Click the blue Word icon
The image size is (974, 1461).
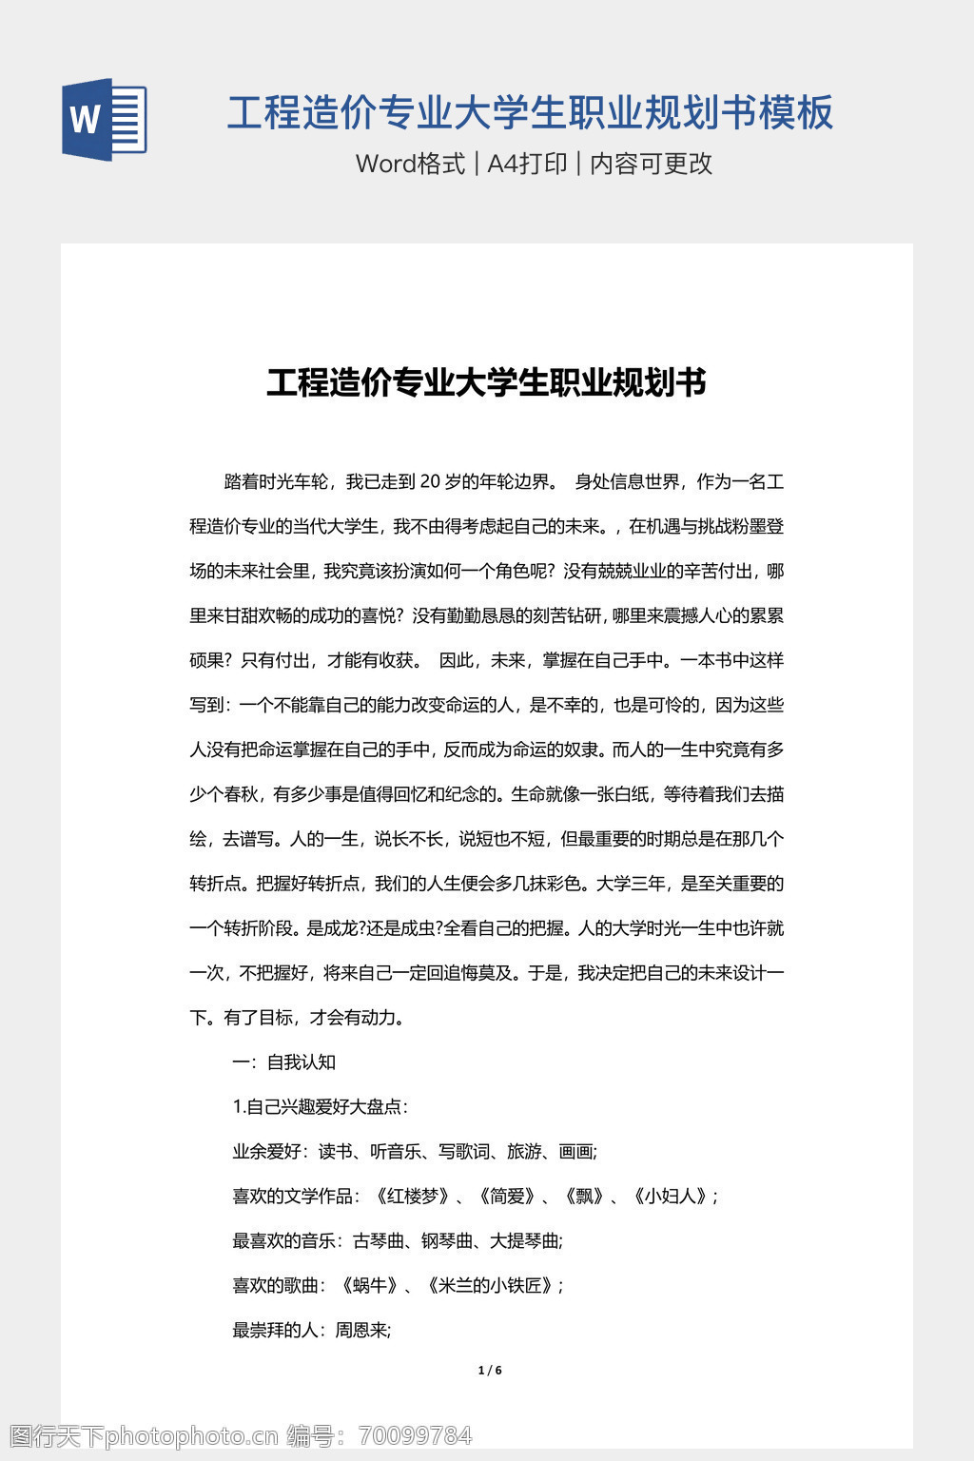105,119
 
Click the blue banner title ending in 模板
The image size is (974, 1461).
530,112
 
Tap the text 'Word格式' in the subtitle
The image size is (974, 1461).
410,164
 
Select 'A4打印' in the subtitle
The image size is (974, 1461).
527,164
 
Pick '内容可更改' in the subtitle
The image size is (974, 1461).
652,164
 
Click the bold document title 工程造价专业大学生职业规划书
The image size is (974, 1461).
486,382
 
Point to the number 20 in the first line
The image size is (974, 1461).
429,482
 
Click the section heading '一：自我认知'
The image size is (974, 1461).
283,1062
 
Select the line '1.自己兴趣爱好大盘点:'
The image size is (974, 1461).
321,1107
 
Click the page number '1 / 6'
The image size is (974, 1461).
490,1371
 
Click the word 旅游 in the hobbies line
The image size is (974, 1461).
524,1152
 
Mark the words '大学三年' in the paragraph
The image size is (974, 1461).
630,884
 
